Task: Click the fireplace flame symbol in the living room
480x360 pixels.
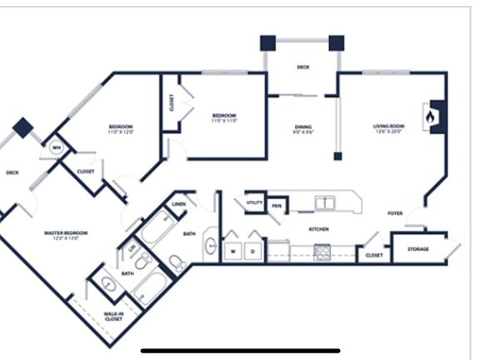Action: pyautogui.click(x=430, y=117)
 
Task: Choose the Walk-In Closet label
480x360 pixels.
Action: pyautogui.click(x=114, y=316)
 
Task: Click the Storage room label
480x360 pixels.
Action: pyautogui.click(x=418, y=249)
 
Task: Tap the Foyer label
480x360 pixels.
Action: pyautogui.click(x=395, y=213)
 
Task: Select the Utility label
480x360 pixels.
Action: pyautogui.click(x=253, y=202)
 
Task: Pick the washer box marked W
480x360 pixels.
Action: pyautogui.click(x=234, y=250)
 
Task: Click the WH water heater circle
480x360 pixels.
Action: pyautogui.click(x=57, y=147)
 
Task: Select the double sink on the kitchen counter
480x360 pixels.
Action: pyautogui.click(x=324, y=202)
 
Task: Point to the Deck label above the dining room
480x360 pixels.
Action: pyautogui.click(x=303, y=67)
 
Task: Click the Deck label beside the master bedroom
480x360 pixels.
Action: pyautogui.click(x=12, y=173)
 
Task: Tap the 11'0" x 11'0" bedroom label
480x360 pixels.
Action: pyautogui.click(x=223, y=118)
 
